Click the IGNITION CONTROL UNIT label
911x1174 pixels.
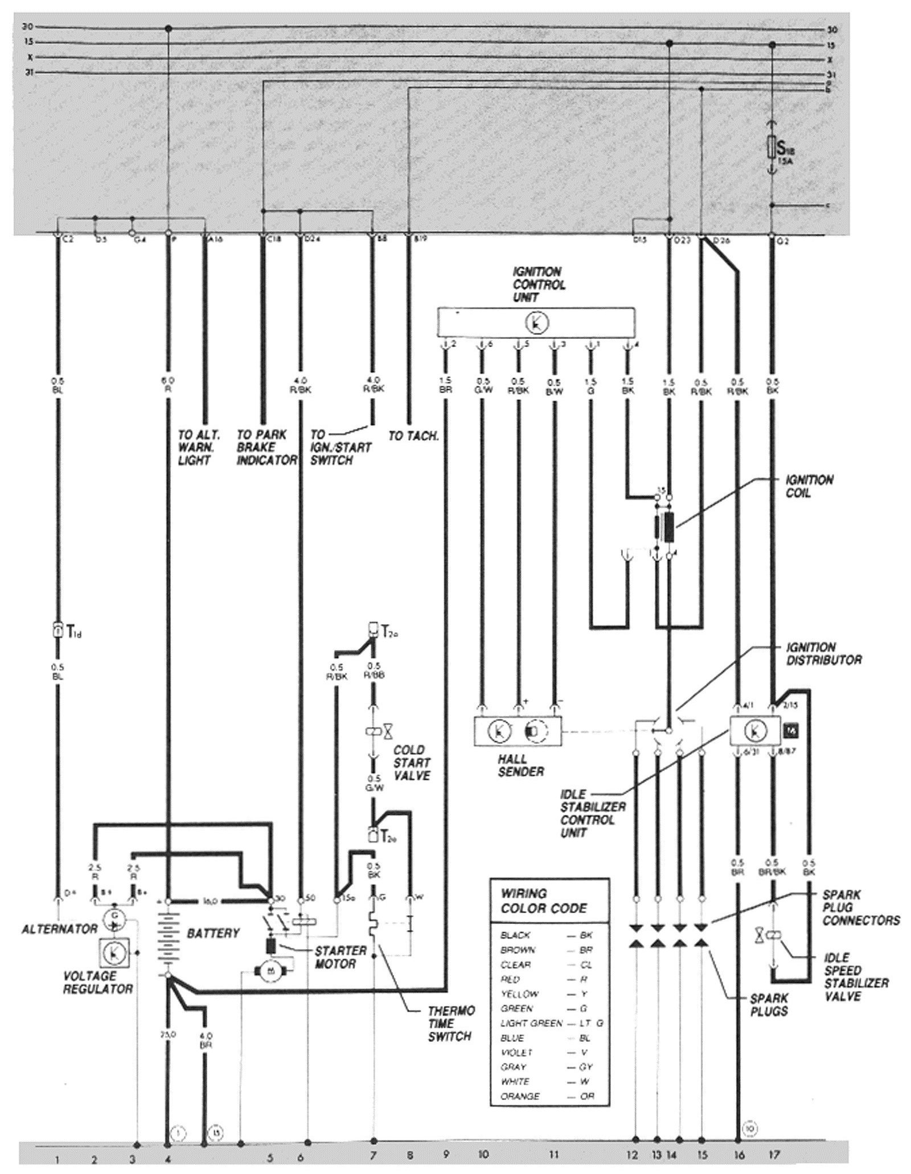(x=538, y=284)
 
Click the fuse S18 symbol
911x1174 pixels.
(x=772, y=148)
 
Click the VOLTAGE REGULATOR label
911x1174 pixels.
(x=97, y=981)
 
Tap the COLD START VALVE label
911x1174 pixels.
(x=411, y=762)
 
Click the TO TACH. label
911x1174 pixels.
(x=413, y=436)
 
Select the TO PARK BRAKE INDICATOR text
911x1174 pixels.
(x=266, y=447)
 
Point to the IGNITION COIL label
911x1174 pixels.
(x=809, y=486)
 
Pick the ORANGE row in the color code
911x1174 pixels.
(x=545, y=1096)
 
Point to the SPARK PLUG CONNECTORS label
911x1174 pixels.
(x=860, y=907)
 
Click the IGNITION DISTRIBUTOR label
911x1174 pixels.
(x=823, y=653)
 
